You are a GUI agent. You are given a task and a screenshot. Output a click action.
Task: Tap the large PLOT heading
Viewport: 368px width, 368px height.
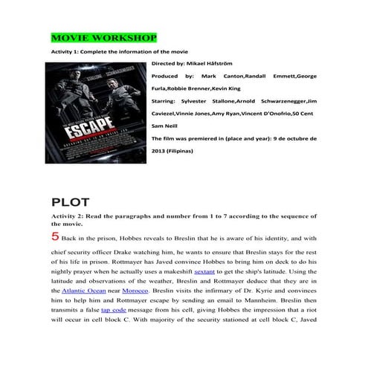pos(71,202)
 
